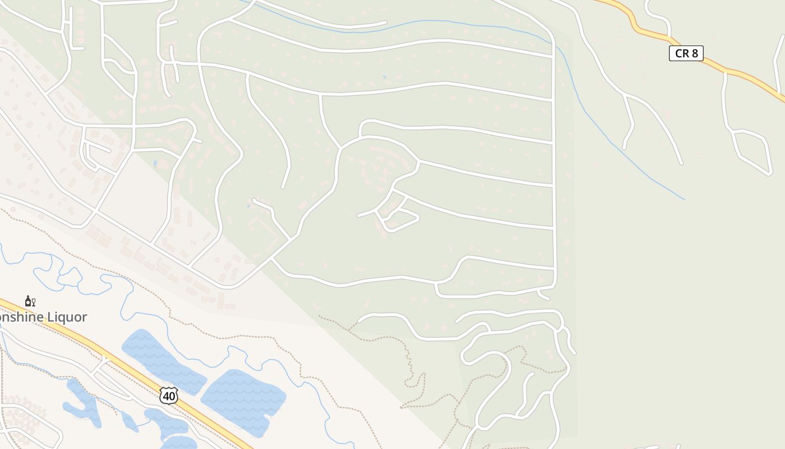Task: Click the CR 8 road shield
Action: pyautogui.click(x=686, y=53)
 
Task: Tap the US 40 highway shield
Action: pyautogui.click(x=168, y=395)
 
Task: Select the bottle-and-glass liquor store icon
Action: pyautogui.click(x=30, y=301)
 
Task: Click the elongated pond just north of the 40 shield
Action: pyautogui.click(x=163, y=362)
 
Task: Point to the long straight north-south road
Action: pyautogui.click(x=554, y=168)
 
